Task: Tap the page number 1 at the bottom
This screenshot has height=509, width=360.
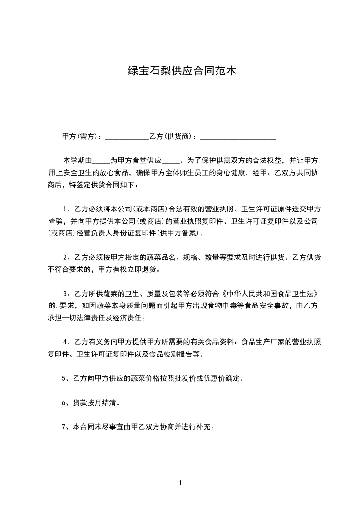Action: coord(180,483)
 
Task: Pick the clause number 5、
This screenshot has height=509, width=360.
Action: coord(64,378)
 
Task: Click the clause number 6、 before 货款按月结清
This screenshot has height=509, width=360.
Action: coord(64,402)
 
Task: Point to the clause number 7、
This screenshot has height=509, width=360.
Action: coord(64,427)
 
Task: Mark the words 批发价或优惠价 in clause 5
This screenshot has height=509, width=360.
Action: coord(203,378)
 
